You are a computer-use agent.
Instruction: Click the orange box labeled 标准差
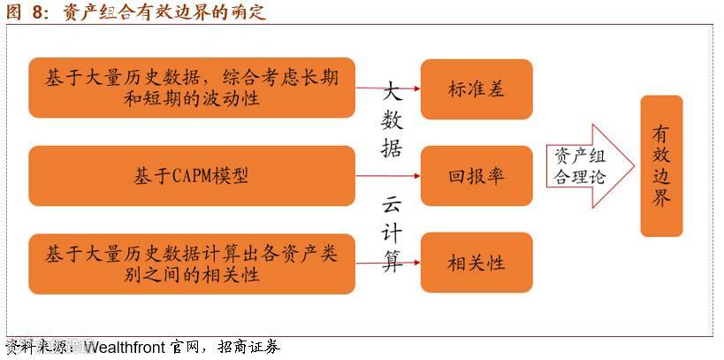[x=476, y=89]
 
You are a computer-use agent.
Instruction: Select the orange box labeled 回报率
[x=476, y=175]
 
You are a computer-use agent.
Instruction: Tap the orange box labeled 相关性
[x=476, y=263]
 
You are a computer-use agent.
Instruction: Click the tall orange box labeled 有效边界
[x=661, y=166]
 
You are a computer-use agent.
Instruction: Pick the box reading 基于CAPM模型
[x=191, y=175]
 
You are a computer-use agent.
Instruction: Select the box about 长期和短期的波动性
[x=191, y=88]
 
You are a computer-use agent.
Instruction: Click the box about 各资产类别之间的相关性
[x=191, y=264]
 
